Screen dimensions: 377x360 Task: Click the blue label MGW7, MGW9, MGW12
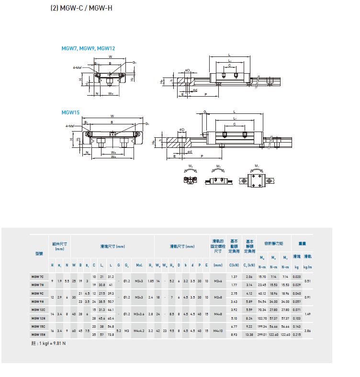88,48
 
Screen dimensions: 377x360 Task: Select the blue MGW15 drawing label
70,112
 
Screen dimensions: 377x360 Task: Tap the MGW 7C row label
38,277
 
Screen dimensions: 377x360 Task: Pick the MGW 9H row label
38,301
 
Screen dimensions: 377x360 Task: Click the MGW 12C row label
38,310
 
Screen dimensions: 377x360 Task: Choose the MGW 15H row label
38,334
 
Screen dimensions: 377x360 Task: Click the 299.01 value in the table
262,334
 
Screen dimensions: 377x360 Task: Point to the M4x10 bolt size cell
218,330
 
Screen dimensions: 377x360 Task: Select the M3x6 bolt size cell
218,281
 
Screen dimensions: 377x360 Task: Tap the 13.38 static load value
249,334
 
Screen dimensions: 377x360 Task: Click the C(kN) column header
234,265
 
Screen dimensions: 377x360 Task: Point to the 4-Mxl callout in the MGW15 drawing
70,125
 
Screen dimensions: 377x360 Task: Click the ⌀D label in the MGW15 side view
182,129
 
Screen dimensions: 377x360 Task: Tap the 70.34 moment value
262,310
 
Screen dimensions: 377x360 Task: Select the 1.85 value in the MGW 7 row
150,281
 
